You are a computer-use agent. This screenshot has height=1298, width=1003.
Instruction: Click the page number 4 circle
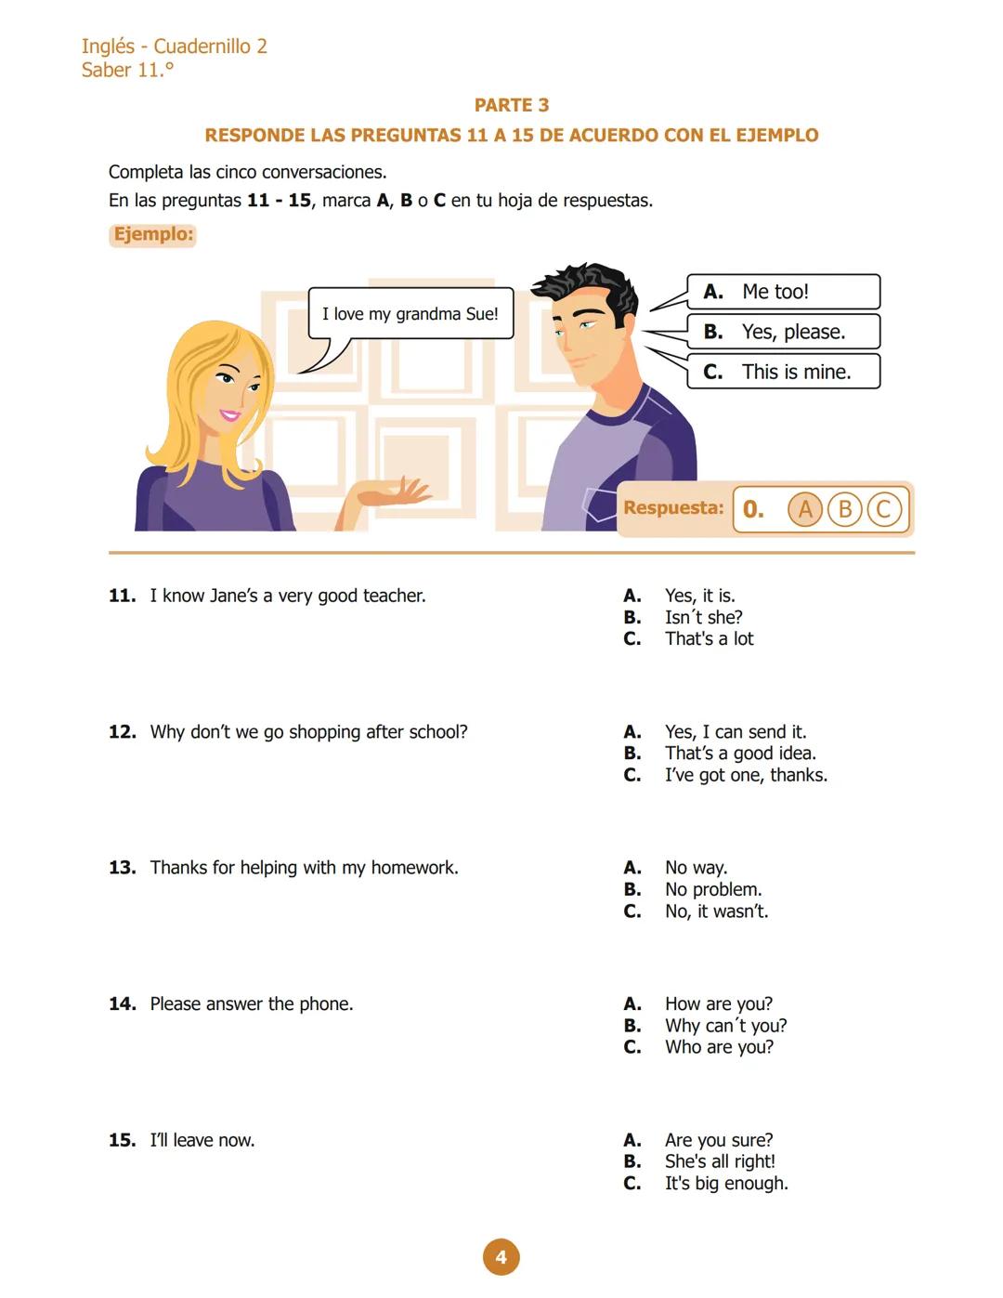click(x=501, y=1257)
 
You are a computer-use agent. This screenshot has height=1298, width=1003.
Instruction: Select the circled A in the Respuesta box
click(x=805, y=509)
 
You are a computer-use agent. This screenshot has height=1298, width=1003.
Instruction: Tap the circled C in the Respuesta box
click(x=883, y=509)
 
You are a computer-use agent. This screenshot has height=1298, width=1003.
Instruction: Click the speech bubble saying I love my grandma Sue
click(x=410, y=314)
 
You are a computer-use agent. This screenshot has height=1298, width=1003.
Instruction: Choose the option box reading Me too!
click(x=783, y=292)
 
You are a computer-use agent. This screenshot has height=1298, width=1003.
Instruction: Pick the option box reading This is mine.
click(x=783, y=372)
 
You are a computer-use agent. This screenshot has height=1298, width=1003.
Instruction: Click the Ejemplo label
click(x=153, y=234)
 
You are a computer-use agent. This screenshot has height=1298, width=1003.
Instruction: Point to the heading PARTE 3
click(x=511, y=105)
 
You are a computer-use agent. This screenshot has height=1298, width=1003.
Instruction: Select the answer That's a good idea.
click(x=740, y=754)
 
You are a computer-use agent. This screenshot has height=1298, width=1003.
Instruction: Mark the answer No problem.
click(x=712, y=889)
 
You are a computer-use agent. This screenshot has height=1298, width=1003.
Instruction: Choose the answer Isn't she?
click(x=703, y=617)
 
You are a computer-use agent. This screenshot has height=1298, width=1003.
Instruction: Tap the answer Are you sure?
click(x=718, y=1140)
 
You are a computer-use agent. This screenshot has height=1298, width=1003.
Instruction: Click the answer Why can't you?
click(x=725, y=1026)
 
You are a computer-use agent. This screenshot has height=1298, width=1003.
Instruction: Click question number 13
click(x=122, y=868)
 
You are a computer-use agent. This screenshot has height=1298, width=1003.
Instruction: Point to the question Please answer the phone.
click(x=251, y=1004)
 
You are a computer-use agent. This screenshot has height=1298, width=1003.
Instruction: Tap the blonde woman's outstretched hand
click(x=399, y=492)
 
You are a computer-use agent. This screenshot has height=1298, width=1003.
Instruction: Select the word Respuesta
click(x=673, y=508)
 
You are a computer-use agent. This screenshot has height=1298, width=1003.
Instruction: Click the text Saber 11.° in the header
click(x=127, y=70)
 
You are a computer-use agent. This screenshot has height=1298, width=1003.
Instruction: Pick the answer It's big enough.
click(x=725, y=1184)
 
